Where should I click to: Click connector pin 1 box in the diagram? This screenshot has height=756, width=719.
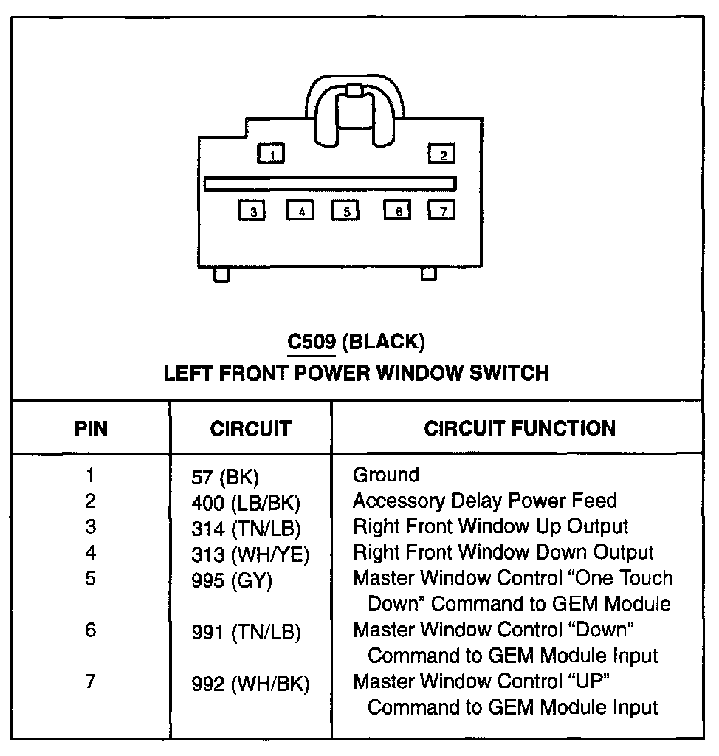[272, 154]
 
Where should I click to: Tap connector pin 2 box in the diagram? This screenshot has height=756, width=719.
[442, 154]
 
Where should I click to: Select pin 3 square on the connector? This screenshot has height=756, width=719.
[252, 210]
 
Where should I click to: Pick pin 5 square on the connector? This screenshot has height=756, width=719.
[345, 210]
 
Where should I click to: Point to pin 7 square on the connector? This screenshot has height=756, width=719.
[441, 210]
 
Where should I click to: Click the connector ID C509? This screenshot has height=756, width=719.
[311, 342]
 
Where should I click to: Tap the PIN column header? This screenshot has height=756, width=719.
[91, 428]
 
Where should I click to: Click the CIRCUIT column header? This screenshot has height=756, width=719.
[250, 428]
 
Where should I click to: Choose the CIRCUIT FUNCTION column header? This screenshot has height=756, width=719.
[519, 428]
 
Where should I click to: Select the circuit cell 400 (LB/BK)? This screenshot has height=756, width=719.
[245, 504]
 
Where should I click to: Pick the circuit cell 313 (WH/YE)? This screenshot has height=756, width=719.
[250, 554]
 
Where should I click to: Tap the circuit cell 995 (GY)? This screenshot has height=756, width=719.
[230, 580]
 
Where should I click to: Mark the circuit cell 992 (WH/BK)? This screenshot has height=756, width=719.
[250, 684]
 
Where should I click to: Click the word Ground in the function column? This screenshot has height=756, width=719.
[385, 475]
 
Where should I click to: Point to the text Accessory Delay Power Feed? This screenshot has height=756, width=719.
[484, 501]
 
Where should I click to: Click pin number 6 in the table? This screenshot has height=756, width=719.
[90, 632]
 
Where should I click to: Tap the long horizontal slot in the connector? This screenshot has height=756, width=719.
[330, 184]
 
